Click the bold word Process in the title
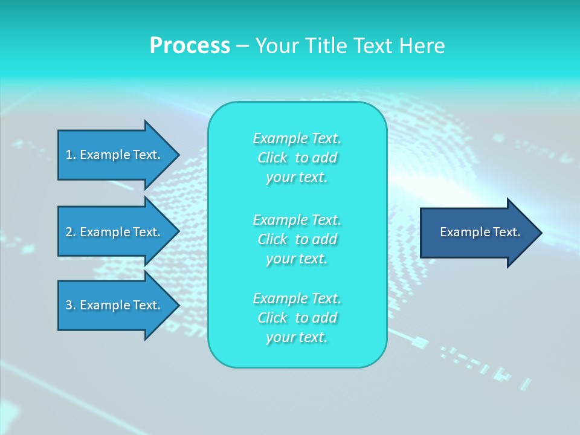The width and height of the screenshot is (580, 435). click(190, 46)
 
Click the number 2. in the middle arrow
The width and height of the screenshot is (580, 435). click(71, 232)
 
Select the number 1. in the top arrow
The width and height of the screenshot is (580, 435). click(71, 155)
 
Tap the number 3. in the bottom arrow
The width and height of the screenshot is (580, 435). click(71, 305)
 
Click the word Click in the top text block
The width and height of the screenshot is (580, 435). click(272, 158)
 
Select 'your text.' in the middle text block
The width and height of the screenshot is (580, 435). click(297, 259)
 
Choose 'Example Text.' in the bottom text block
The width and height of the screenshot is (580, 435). click(297, 298)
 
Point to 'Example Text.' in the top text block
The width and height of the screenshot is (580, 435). click(297, 138)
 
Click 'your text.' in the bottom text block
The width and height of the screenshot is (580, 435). click(297, 337)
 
